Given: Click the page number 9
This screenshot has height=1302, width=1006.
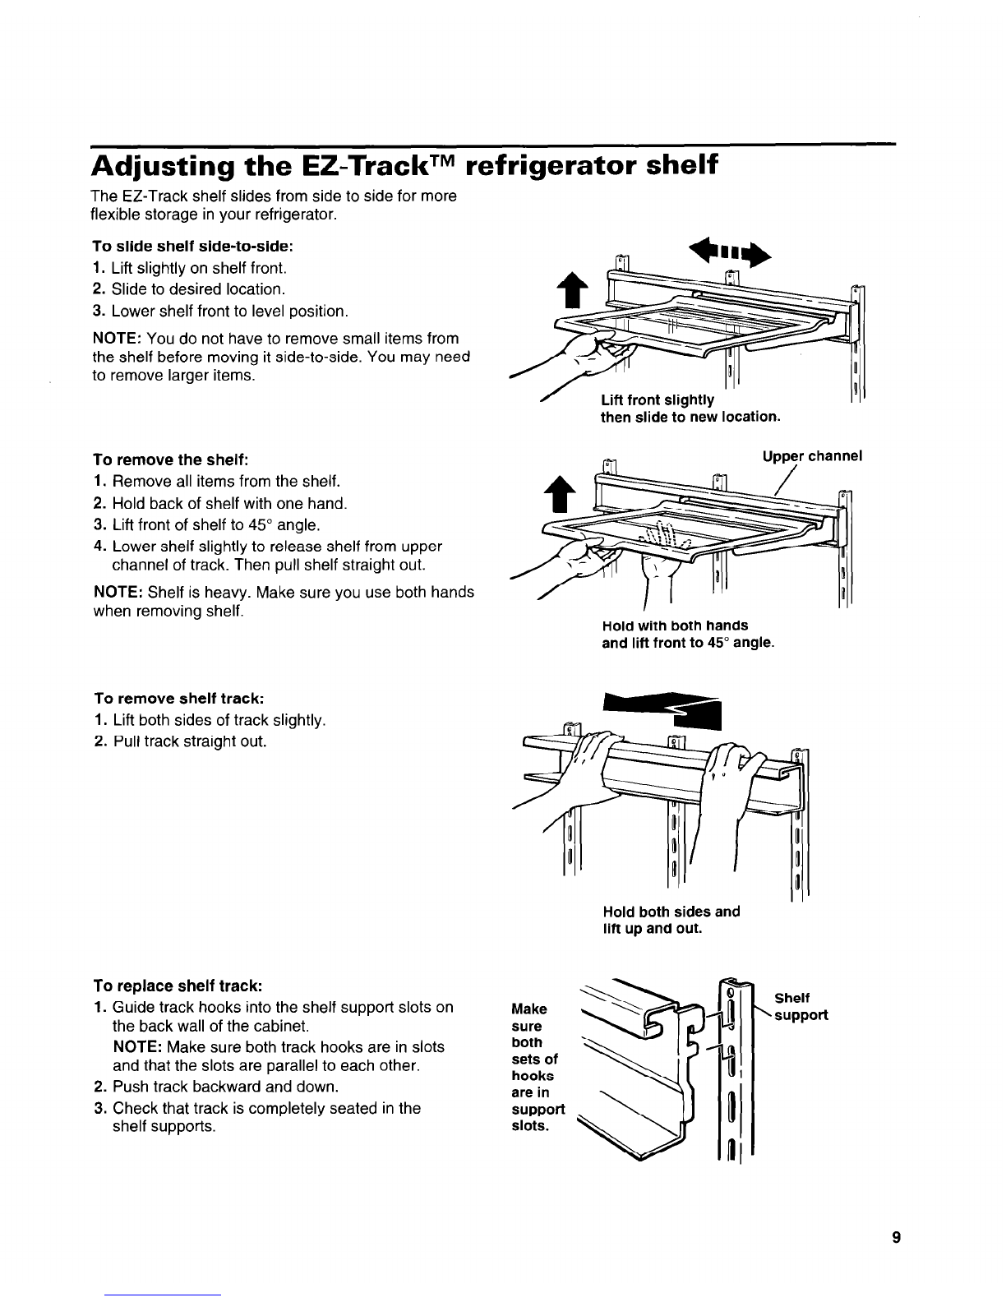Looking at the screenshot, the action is pos(896,1237).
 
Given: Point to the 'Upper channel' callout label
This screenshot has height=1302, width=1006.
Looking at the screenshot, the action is pos(812,456).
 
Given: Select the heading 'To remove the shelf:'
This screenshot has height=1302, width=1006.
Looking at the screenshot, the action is pos(171,459).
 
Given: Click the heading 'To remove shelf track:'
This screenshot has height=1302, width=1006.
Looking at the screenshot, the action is pos(179,699).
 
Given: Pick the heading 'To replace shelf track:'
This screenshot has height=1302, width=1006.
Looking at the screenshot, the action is pos(178,986).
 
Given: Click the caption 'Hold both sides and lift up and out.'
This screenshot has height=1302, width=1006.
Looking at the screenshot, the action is pos(671,920).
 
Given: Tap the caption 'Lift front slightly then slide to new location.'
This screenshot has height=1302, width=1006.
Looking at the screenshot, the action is pos(690,408).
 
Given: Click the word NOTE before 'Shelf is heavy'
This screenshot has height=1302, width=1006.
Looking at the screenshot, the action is pos(118,592).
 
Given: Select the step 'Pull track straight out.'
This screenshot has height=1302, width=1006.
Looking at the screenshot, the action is pos(189,741).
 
